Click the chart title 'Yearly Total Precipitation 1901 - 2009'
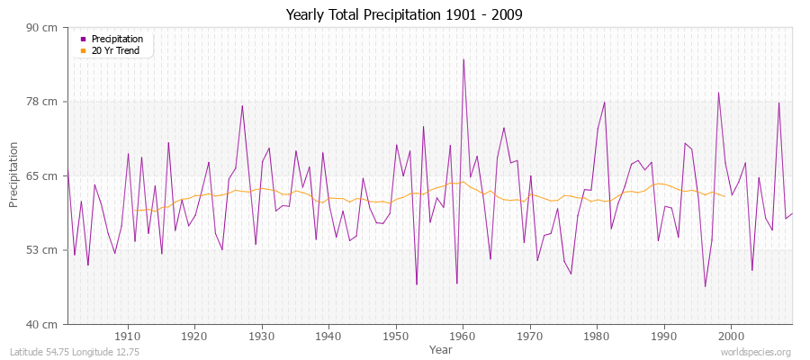(x=404, y=14)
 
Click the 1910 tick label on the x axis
(x=128, y=336)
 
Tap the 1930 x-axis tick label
(x=262, y=336)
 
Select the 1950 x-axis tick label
(x=396, y=336)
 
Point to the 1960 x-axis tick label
(x=463, y=336)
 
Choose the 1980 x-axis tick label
(x=597, y=336)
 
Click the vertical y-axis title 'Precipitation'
(x=14, y=175)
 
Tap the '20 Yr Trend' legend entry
(x=115, y=50)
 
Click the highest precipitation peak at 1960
(x=463, y=59)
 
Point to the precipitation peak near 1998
(x=718, y=93)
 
